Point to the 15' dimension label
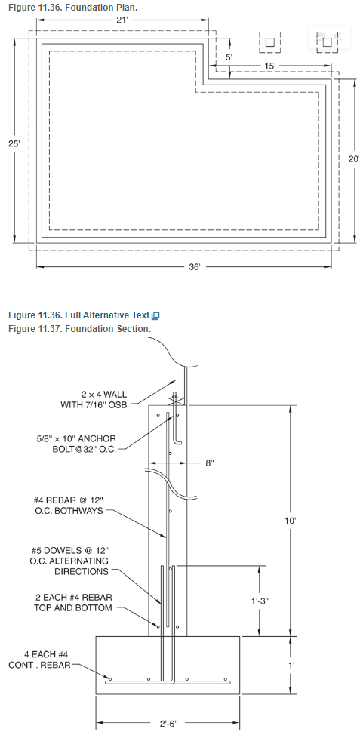[x=269, y=66]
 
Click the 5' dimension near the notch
[x=229, y=57]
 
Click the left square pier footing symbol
[x=269, y=42]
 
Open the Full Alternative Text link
[x=84, y=315]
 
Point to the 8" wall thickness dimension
[x=210, y=463]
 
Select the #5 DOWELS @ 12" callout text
[x=71, y=561]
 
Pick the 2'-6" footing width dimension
[x=168, y=724]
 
